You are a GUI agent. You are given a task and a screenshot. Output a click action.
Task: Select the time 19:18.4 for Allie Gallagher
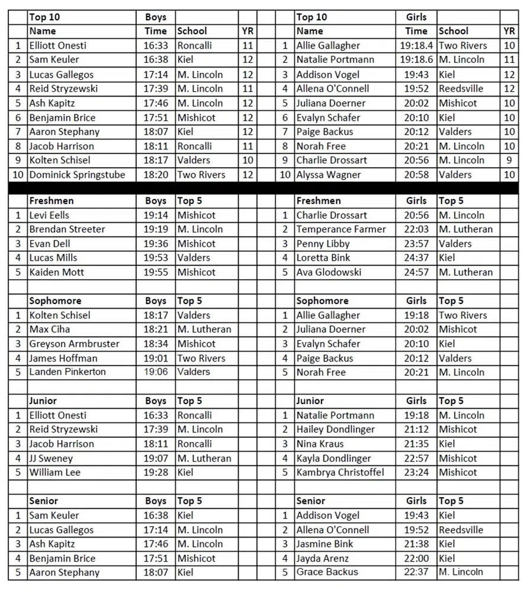[416, 46]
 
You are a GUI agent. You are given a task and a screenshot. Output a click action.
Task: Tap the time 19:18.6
[416, 60]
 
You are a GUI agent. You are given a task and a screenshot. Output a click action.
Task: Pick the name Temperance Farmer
[341, 229]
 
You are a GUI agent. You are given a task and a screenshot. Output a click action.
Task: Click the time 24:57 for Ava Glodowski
[416, 273]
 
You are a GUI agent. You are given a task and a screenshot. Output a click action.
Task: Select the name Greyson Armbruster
[75, 344]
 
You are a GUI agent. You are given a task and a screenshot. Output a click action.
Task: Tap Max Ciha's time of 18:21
[156, 329]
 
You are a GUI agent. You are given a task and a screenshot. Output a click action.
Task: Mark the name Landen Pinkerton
[68, 372]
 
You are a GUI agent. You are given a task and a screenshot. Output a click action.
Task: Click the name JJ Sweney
[52, 458]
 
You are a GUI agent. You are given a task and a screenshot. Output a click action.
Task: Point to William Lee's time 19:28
[156, 472]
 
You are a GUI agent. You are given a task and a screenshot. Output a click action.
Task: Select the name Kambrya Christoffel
[340, 472]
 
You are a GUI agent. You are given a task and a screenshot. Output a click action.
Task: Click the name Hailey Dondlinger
[336, 430]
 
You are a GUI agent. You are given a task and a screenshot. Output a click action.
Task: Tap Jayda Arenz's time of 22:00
[416, 558]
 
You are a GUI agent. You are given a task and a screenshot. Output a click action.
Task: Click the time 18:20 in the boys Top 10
[156, 175]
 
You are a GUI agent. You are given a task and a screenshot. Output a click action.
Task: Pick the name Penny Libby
[323, 244]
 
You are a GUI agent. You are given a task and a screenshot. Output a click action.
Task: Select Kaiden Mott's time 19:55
[156, 273]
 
